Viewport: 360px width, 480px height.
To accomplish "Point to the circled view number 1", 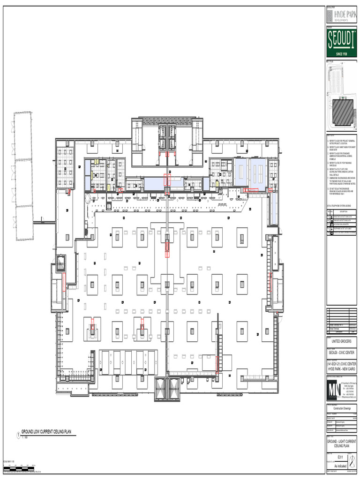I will (x=18, y=435).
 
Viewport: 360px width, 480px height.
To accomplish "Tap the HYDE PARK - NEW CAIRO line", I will (x=341, y=370).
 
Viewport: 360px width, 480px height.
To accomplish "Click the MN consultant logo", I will (x=335, y=390).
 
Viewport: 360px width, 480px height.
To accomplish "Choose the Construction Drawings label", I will (x=341, y=409).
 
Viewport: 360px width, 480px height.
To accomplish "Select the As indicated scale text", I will (x=341, y=465).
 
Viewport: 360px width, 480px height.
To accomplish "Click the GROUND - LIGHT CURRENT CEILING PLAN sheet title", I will (x=341, y=444).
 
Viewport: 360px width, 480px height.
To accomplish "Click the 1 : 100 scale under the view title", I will (x=24, y=438).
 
